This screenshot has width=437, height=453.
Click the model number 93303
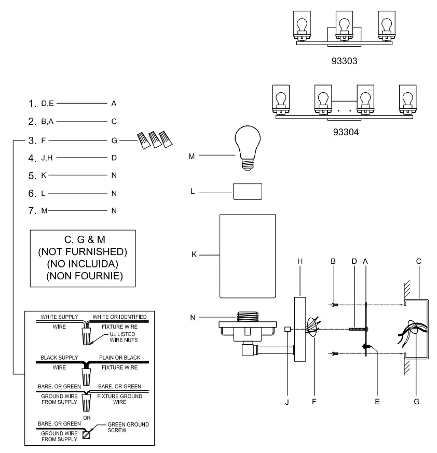(x=345, y=61)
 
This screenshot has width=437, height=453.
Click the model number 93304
(x=346, y=132)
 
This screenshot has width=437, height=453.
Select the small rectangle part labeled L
(x=247, y=191)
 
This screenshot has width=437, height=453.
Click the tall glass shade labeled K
(x=247, y=256)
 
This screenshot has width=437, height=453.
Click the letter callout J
(x=286, y=401)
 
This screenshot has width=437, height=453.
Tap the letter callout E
(x=377, y=401)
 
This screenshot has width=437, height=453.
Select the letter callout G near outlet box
(x=417, y=401)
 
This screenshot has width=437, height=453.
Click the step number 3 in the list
(x=32, y=139)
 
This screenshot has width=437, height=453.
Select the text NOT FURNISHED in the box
(x=83, y=251)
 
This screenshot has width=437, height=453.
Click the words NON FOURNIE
(x=84, y=276)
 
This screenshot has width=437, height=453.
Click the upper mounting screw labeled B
(x=334, y=304)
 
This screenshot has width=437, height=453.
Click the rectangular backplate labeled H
(x=300, y=329)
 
